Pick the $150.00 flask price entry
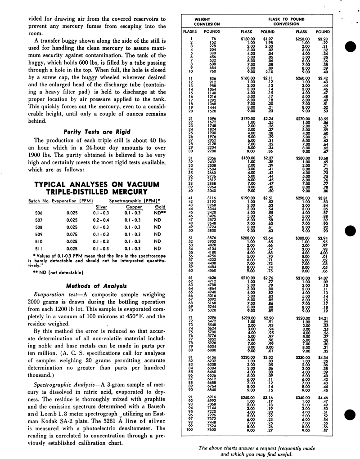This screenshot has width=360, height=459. [x=247, y=40]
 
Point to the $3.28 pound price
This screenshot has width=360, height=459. [x=323, y=40]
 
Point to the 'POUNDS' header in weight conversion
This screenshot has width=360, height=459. [x=211, y=32]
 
